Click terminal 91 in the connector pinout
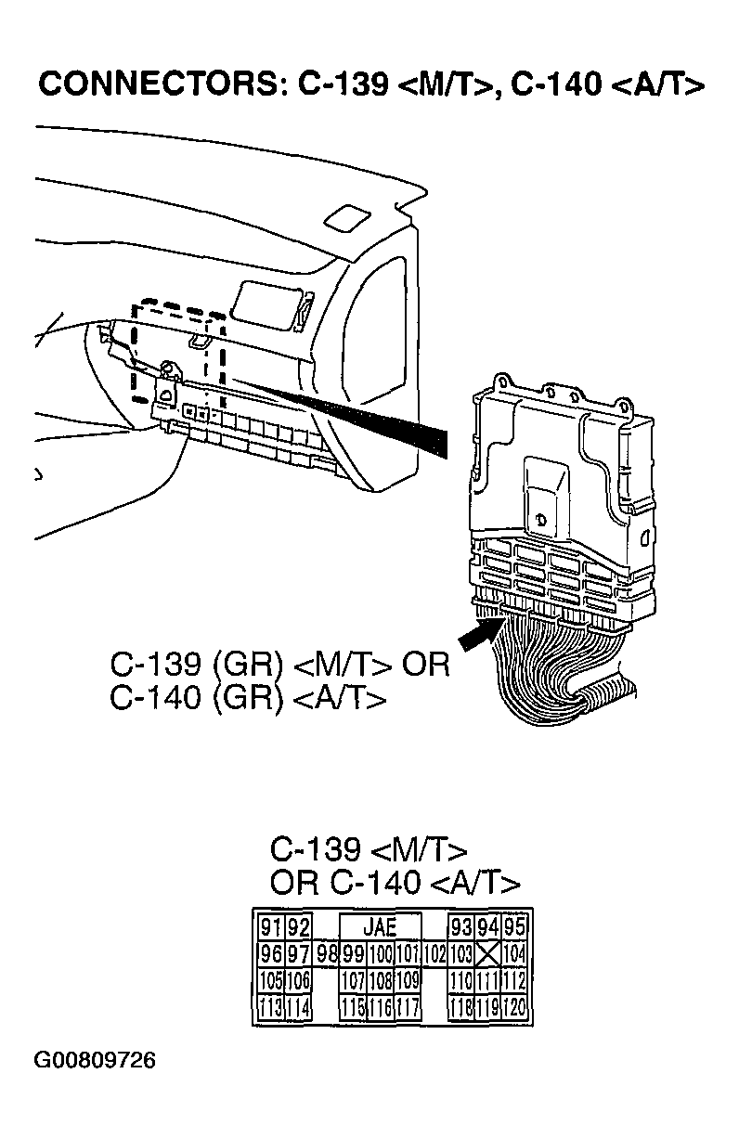coord(270,927)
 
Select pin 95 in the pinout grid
coord(515,927)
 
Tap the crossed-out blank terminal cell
coord(488,953)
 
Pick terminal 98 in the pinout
coord(326,953)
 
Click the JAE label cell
coord(379,926)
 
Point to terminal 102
coord(434,953)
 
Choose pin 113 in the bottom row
coord(270,1007)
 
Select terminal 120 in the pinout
coord(515,1007)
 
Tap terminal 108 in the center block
coord(381,980)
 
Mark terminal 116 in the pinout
coord(381,1007)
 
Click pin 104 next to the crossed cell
coord(515,953)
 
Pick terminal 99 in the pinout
coord(353,953)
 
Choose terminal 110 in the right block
coord(461,980)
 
